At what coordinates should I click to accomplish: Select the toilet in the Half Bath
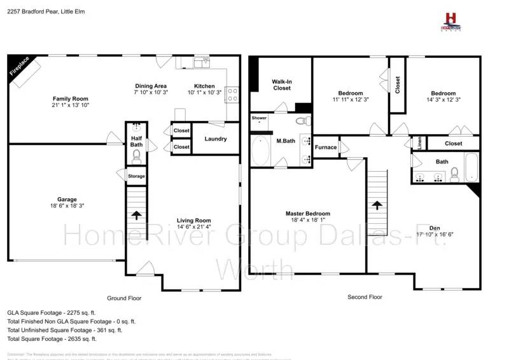tap(136, 155)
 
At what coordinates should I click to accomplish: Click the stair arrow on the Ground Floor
tap(136, 215)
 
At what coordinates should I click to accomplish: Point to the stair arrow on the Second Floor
tap(377, 205)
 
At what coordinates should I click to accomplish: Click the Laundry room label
tap(216, 139)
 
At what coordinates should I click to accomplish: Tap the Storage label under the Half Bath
tap(136, 176)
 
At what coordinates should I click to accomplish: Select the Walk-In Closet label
tap(282, 85)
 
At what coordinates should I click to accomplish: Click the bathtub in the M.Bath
tap(260, 151)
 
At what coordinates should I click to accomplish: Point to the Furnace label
tap(326, 147)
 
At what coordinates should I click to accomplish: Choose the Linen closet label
tap(419, 142)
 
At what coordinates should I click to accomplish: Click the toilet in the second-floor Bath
tap(454, 174)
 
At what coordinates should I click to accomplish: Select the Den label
tap(435, 228)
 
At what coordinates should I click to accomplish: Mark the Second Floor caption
tap(365, 297)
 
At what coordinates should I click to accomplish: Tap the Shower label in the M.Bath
tap(259, 118)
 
